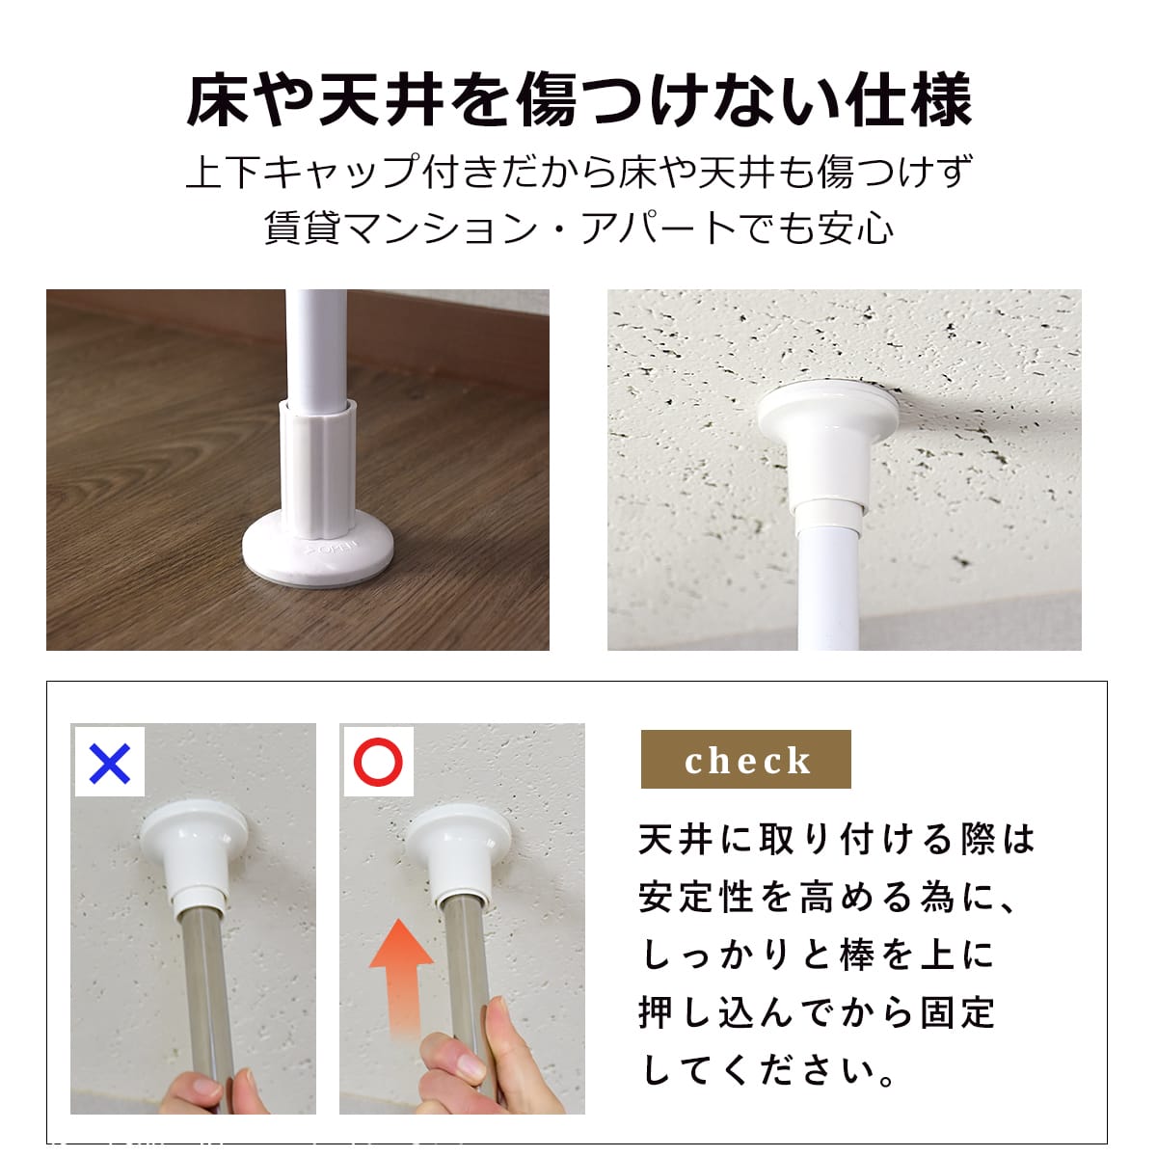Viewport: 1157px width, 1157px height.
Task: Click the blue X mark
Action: (x=109, y=763)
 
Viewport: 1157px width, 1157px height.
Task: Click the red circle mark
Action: (x=378, y=762)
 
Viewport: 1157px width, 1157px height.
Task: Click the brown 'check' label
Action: (x=745, y=760)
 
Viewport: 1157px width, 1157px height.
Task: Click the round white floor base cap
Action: (x=317, y=548)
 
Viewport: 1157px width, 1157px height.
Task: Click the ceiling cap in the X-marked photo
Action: (x=195, y=852)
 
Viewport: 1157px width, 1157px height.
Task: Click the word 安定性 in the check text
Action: (x=696, y=899)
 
